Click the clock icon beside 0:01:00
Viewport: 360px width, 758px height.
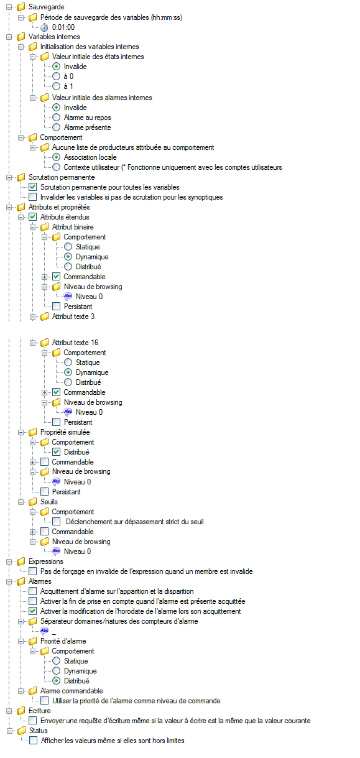point(44,27)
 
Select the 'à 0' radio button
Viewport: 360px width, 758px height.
point(56,76)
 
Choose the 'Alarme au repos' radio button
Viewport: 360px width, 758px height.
point(56,118)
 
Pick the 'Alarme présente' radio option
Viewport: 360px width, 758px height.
point(56,127)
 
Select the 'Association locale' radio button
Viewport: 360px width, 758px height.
point(56,157)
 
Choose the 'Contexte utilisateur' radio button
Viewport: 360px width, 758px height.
point(56,167)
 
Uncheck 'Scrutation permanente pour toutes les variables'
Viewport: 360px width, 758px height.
point(33,187)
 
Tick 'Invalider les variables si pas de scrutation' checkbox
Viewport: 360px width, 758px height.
point(33,197)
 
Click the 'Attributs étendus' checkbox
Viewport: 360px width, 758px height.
point(33,216)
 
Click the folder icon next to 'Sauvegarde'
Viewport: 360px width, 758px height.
point(21,7)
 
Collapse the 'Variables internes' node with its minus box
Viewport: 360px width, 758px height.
point(9,37)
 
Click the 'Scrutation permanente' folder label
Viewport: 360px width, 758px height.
point(62,177)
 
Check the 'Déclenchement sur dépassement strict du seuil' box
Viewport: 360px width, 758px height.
point(56,522)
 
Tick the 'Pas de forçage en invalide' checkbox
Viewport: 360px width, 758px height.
point(33,571)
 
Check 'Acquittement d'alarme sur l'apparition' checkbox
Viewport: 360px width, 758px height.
point(33,591)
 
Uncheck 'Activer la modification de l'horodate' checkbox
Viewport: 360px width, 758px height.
point(33,611)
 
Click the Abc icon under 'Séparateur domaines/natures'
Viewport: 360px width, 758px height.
point(44,631)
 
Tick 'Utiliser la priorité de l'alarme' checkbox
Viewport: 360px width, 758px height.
point(44,700)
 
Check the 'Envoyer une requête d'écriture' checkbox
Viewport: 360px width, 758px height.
point(33,721)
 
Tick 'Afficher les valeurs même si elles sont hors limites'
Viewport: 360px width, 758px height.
point(33,741)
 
